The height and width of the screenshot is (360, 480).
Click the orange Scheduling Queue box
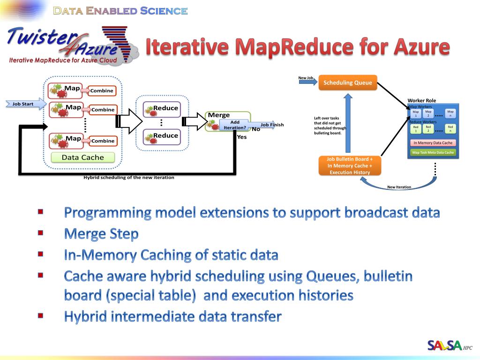[x=348, y=83]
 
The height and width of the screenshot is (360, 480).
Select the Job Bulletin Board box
[x=350, y=166]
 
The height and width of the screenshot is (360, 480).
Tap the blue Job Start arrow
[x=26, y=104]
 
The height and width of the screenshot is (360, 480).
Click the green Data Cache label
[x=82, y=157]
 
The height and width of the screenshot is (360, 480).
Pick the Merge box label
[x=219, y=115]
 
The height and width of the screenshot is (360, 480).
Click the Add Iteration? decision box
[x=235, y=125]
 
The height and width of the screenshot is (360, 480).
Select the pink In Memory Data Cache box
[x=433, y=143]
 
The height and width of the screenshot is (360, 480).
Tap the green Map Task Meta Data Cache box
[x=433, y=152]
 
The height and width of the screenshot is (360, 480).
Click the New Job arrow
[x=307, y=82]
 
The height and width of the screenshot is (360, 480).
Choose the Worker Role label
[x=421, y=101]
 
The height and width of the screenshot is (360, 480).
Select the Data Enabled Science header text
[x=120, y=11]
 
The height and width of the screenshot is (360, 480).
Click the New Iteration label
[x=399, y=187]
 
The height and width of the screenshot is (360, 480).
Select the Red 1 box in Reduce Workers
[x=415, y=129]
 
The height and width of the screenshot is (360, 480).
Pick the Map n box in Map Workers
[x=450, y=113]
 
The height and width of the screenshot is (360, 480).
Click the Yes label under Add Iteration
[x=241, y=137]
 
